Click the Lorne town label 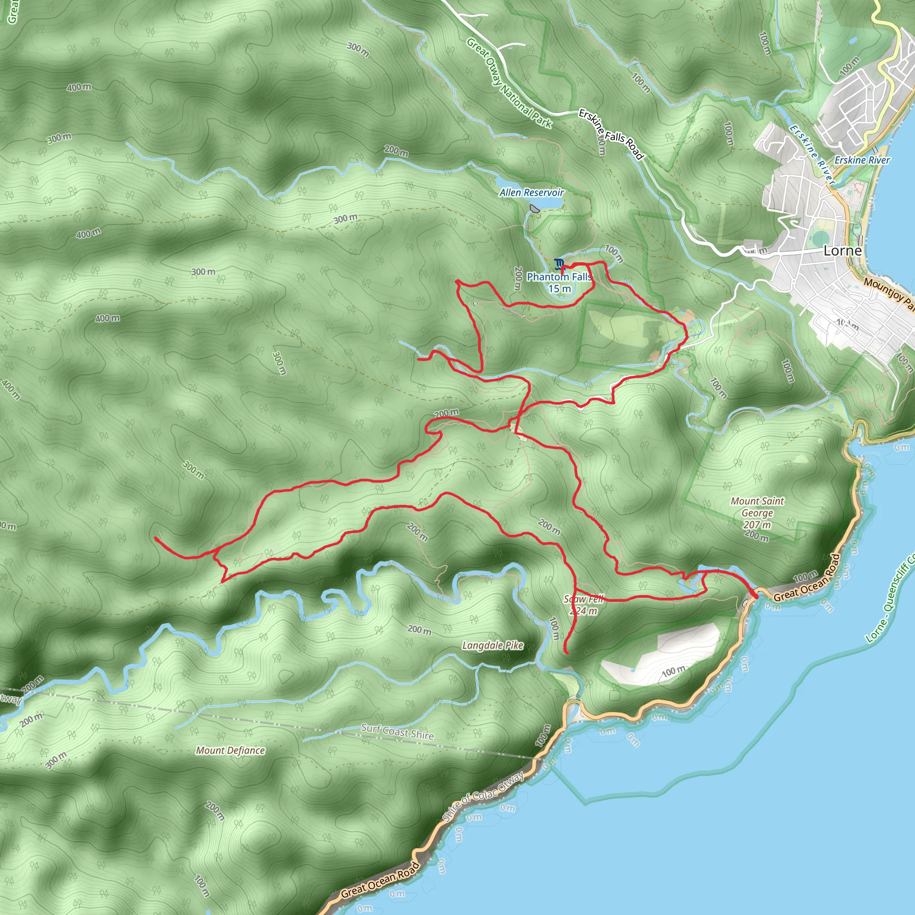(843, 251)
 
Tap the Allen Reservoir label (531, 192)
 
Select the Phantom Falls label (559, 277)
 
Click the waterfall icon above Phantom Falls (559, 263)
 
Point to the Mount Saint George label (757, 507)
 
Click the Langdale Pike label (492, 645)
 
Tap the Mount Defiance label (230, 750)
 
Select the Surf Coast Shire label (397, 732)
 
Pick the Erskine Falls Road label (611, 134)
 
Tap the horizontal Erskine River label (862, 160)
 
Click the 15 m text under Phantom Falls (559, 289)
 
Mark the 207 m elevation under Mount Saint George (757, 525)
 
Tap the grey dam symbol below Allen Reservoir (535, 208)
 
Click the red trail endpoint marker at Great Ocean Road (755, 595)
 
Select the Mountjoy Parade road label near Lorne (889, 294)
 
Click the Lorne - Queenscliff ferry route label (890, 600)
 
